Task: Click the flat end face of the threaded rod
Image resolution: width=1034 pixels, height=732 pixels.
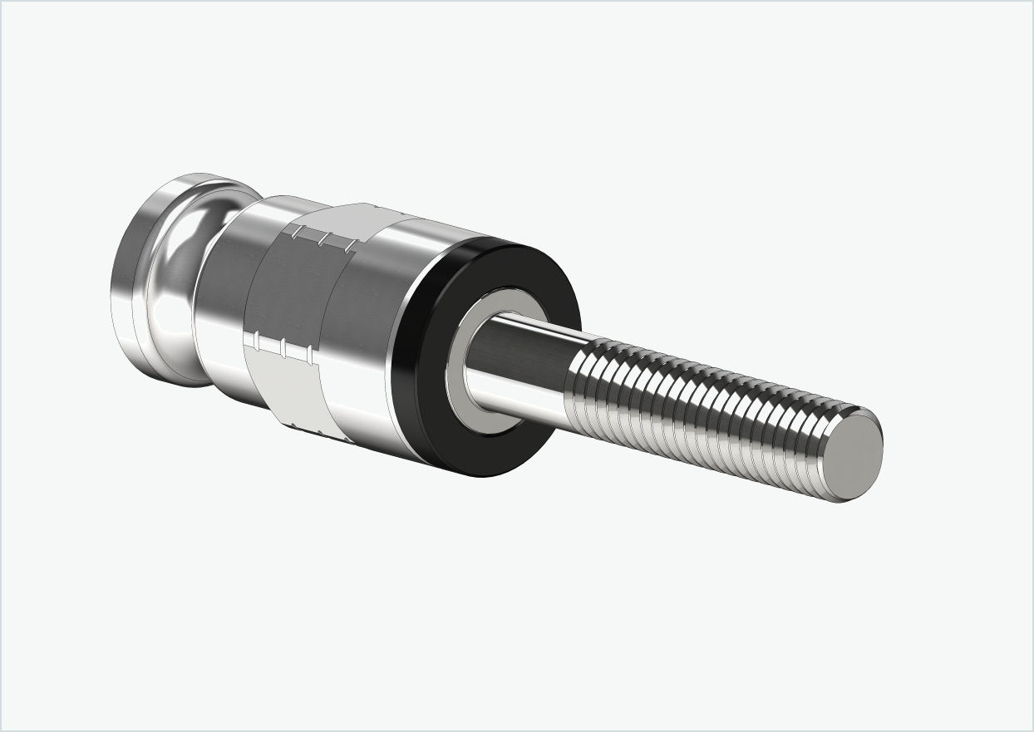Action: pos(857,455)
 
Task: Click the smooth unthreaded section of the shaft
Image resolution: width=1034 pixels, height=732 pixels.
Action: pos(524,366)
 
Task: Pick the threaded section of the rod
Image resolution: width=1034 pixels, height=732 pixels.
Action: pos(707,407)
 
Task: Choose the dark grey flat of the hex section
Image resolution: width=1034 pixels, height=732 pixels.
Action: pos(291,291)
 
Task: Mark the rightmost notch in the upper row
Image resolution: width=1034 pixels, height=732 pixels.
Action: pos(347,246)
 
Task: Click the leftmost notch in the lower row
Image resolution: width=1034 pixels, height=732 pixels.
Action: pos(257,341)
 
